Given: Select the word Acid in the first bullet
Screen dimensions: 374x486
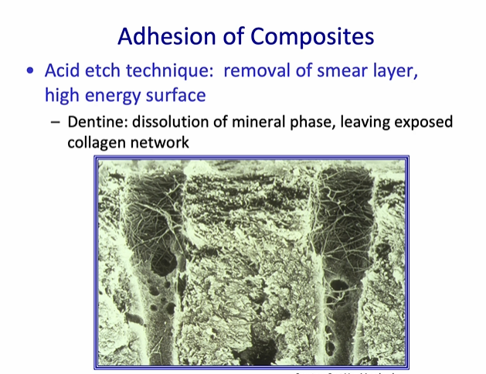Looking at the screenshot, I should [x=62, y=71].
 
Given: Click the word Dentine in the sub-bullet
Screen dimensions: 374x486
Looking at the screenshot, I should [x=95, y=122].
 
